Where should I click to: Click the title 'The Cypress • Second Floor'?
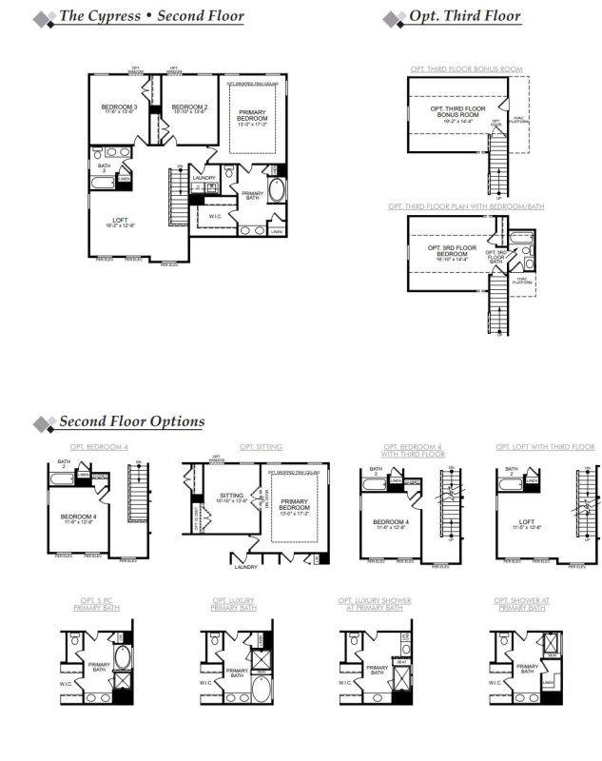151,16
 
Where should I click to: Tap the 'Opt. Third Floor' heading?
464,16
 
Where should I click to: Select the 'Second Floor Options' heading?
131,421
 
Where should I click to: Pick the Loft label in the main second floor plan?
120,222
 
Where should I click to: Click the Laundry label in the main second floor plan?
204,178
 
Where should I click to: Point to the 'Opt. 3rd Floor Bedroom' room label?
452,252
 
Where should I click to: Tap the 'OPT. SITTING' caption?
255,446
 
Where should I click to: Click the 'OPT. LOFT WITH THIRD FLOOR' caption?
544,446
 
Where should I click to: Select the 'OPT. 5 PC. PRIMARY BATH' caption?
98,603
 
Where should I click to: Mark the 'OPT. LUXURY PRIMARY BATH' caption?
234,603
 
